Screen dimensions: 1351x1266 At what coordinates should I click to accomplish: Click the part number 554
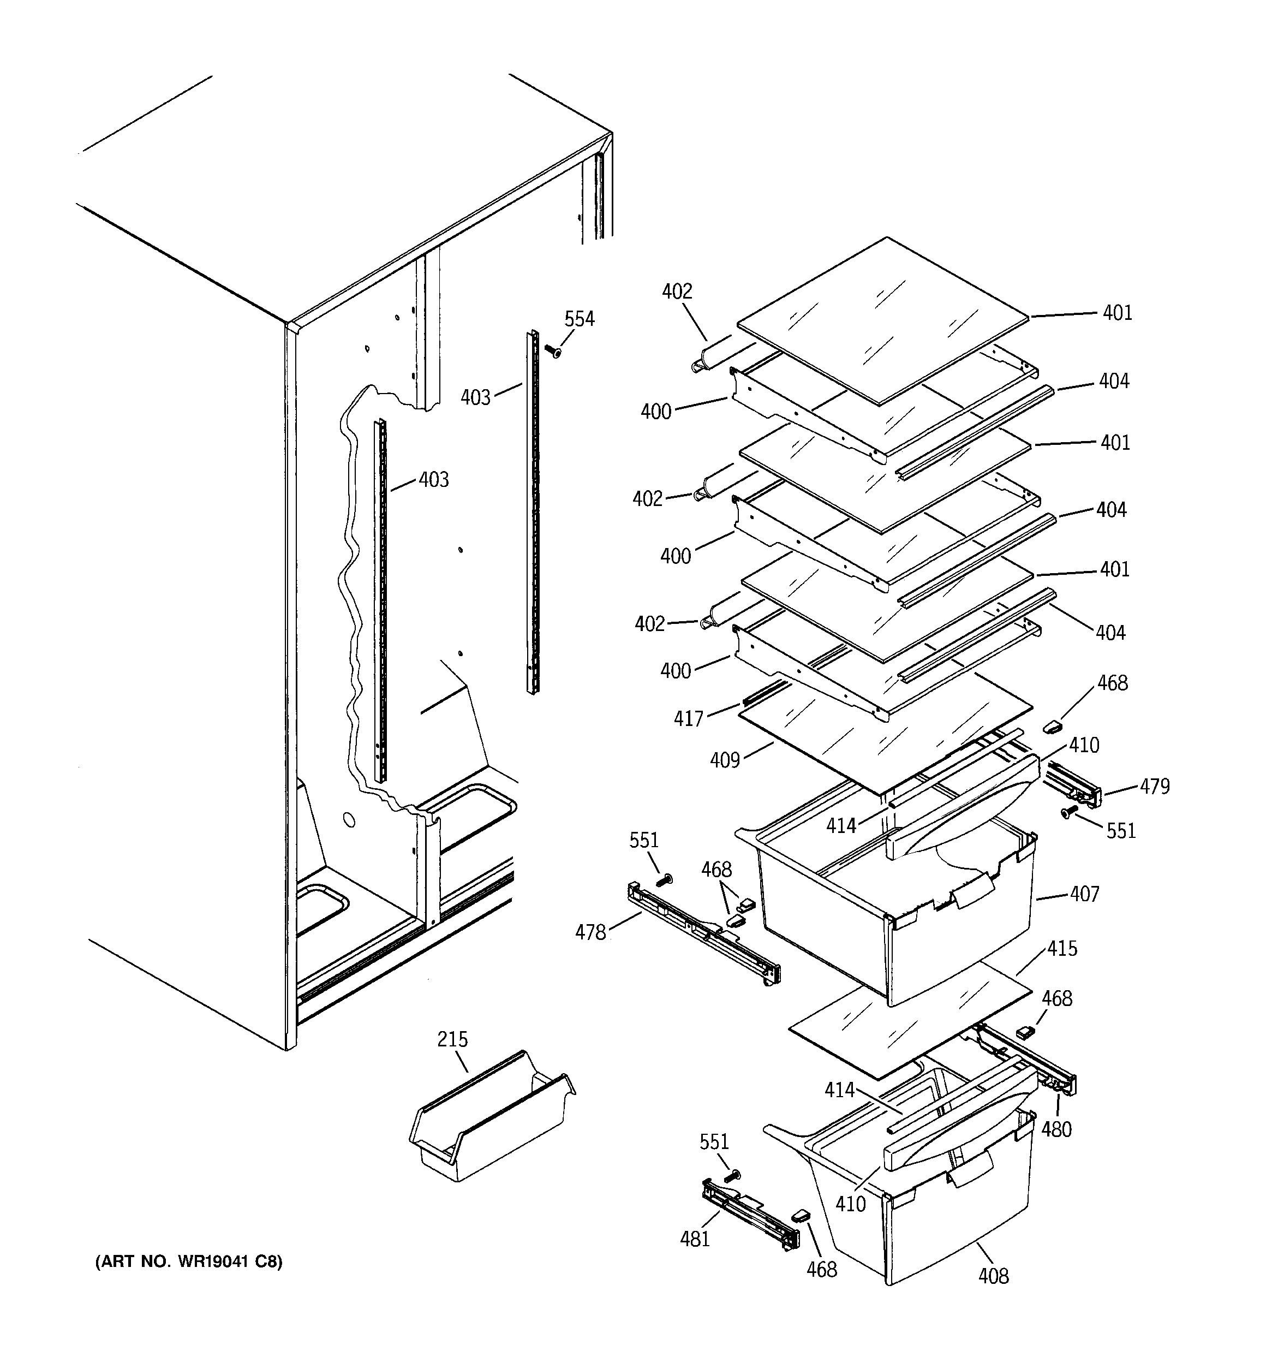click(x=579, y=319)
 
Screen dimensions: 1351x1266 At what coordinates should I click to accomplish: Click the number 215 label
click(x=452, y=1040)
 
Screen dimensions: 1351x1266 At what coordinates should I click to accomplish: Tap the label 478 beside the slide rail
click(x=590, y=932)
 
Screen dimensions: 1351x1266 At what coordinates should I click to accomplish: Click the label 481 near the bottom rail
click(x=695, y=1239)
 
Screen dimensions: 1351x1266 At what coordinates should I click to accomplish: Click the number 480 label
click(x=1056, y=1130)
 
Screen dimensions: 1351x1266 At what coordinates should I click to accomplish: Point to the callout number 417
click(x=688, y=718)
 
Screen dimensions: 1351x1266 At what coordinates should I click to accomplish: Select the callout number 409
click(x=724, y=760)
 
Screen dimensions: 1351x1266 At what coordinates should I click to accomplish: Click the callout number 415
click(x=1062, y=948)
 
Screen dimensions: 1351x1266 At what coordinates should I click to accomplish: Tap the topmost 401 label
click(x=1117, y=313)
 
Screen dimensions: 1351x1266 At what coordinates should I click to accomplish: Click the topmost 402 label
click(x=677, y=291)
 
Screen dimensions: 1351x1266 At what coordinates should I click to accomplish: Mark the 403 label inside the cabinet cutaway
click(x=434, y=480)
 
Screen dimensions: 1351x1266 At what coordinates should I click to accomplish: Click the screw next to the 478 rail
click(x=665, y=880)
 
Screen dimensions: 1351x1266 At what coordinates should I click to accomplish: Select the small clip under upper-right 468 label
click(x=1051, y=726)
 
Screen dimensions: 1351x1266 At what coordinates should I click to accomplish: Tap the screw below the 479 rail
click(x=1067, y=812)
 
